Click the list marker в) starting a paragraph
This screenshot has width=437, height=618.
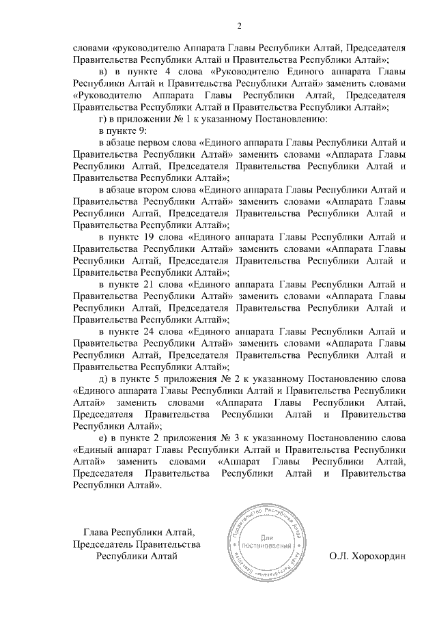tap(104, 72)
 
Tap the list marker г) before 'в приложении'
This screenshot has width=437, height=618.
tap(103, 119)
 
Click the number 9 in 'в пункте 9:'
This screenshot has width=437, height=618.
tap(144, 130)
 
